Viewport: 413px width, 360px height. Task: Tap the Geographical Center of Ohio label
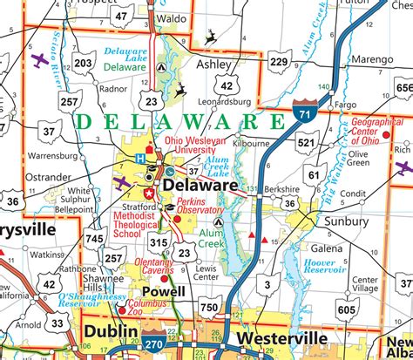tap(377, 130)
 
